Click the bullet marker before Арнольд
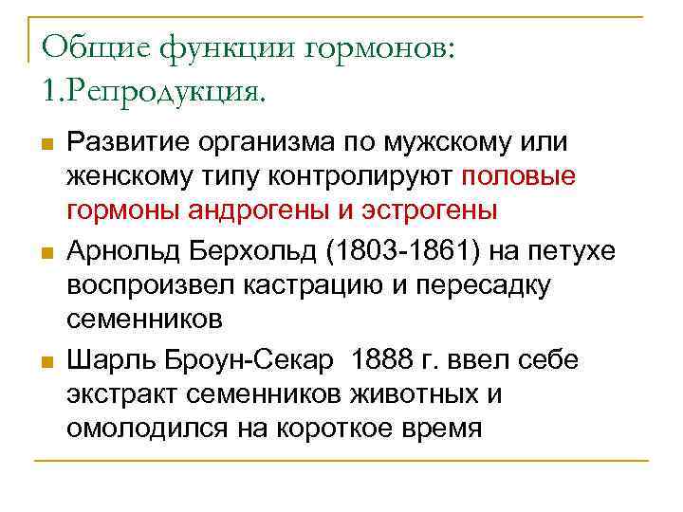[44, 254]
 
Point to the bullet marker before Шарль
[44, 363]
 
